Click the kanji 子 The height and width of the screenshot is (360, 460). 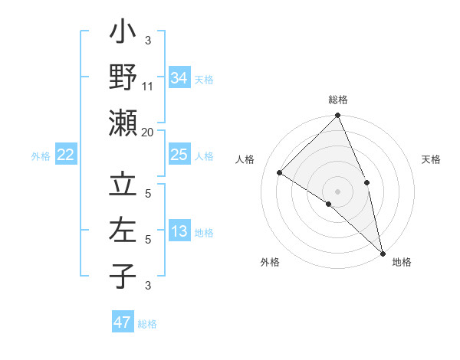coord(123,275)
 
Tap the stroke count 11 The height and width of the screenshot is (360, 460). coord(148,87)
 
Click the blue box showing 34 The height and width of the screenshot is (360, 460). coord(179,78)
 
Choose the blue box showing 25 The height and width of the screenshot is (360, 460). coord(179,155)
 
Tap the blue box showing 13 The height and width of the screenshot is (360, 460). coord(179,232)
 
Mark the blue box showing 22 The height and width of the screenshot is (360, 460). coord(65,155)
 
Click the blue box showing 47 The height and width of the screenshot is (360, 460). coord(123,322)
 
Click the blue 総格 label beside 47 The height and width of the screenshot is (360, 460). coord(148,324)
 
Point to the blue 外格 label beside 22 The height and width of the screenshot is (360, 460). coord(41,156)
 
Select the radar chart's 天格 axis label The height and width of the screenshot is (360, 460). coord(431,159)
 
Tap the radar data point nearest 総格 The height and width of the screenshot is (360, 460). coord(337,116)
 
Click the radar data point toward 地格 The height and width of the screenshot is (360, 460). coord(383,252)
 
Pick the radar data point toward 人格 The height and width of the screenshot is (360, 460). coord(280,172)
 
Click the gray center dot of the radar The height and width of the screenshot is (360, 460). coord(337,191)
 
